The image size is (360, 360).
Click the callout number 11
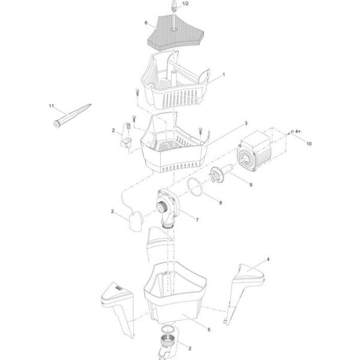tap(51, 106)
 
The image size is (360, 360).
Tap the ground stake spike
tap(72, 115)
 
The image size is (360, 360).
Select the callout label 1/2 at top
tap(185, 4)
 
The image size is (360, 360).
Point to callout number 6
tap(146, 23)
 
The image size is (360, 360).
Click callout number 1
tap(224, 74)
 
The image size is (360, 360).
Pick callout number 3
tap(246, 123)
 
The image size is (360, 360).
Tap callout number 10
tap(309, 143)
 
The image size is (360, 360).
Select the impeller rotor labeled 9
tap(220, 173)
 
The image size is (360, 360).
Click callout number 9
tap(251, 185)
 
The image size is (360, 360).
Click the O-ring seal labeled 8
tap(195, 188)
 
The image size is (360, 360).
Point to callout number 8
tap(221, 203)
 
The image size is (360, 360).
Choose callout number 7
tap(197, 220)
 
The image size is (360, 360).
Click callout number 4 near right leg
tap(268, 259)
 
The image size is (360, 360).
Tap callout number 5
tap(209, 329)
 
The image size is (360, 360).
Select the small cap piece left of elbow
tap(136, 222)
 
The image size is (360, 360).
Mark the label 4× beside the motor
tap(298, 131)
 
